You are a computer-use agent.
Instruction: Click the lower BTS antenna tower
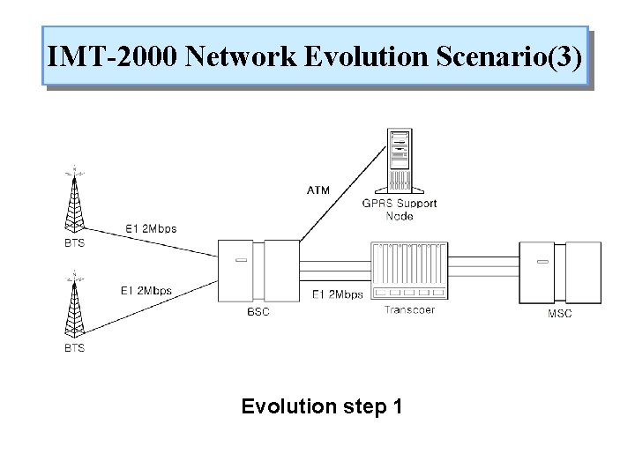(x=75, y=305)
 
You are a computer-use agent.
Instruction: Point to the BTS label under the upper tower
(x=75, y=243)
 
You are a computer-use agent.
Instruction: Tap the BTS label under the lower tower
(x=75, y=348)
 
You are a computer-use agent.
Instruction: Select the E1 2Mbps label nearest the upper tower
(x=151, y=228)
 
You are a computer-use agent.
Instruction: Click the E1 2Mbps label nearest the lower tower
(x=146, y=289)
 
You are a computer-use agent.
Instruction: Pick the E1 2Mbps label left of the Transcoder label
(x=338, y=294)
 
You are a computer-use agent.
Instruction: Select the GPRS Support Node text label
(x=400, y=209)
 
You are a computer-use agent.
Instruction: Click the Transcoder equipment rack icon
(x=411, y=271)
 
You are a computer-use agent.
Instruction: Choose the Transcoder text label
(x=410, y=309)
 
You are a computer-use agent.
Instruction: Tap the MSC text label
(x=559, y=314)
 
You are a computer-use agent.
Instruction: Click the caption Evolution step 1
(x=322, y=406)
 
